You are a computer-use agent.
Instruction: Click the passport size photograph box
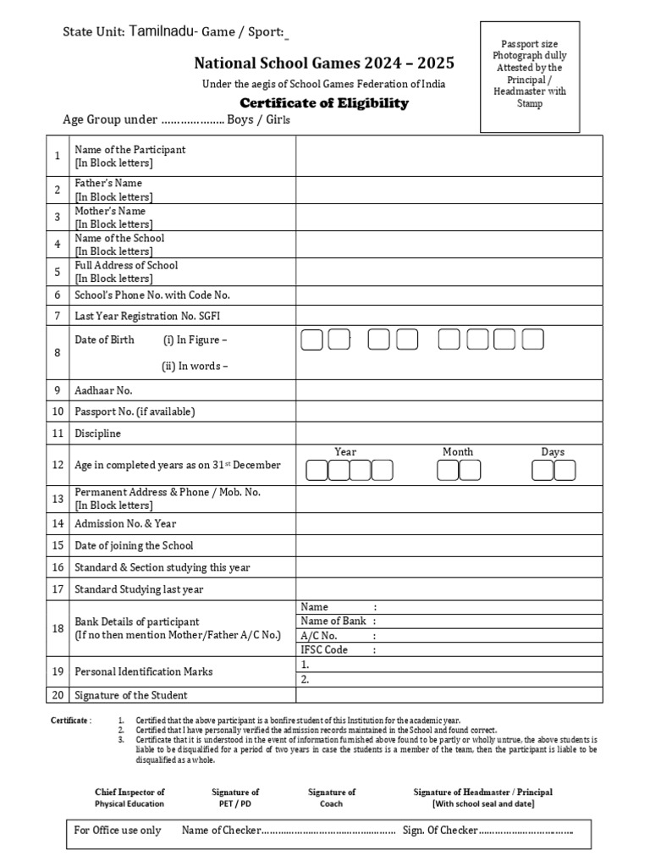pyautogui.click(x=530, y=77)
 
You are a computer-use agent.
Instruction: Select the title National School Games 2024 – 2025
pyautogui.click(x=324, y=63)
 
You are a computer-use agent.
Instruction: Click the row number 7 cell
pyautogui.click(x=58, y=316)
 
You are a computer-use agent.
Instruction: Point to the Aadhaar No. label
pyautogui.click(x=103, y=390)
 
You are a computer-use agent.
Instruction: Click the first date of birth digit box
pyautogui.click(x=312, y=340)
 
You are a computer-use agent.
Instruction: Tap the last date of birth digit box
pyautogui.click(x=532, y=340)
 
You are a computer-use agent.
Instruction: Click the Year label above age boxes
pyautogui.click(x=345, y=452)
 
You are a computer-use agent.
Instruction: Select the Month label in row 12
pyautogui.click(x=458, y=452)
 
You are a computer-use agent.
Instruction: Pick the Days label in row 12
pyautogui.click(x=553, y=452)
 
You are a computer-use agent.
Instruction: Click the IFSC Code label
pyautogui.click(x=324, y=649)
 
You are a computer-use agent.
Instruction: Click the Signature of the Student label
pyautogui.click(x=131, y=695)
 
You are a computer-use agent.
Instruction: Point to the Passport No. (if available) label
pyautogui.click(x=135, y=411)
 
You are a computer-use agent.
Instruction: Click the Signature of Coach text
pyautogui.click(x=332, y=798)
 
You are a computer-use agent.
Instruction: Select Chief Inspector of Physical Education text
pyautogui.click(x=129, y=798)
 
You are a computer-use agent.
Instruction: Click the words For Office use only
pyautogui.click(x=117, y=830)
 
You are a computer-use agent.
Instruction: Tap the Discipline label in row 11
pyautogui.click(x=98, y=433)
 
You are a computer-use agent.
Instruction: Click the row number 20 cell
pyautogui.click(x=58, y=695)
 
